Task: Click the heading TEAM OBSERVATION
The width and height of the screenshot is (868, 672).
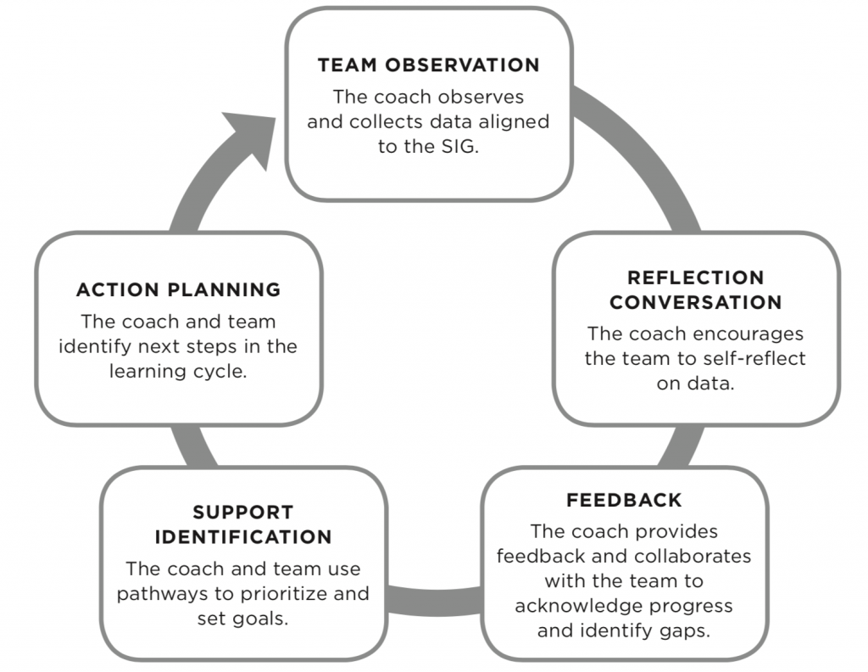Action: click(x=428, y=65)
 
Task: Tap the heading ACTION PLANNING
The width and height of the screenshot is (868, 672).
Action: click(x=178, y=290)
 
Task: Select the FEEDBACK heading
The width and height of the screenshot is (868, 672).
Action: click(x=624, y=500)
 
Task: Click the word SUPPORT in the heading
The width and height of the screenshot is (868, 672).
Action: click(x=242, y=512)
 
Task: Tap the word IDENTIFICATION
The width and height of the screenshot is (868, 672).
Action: click(x=242, y=537)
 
